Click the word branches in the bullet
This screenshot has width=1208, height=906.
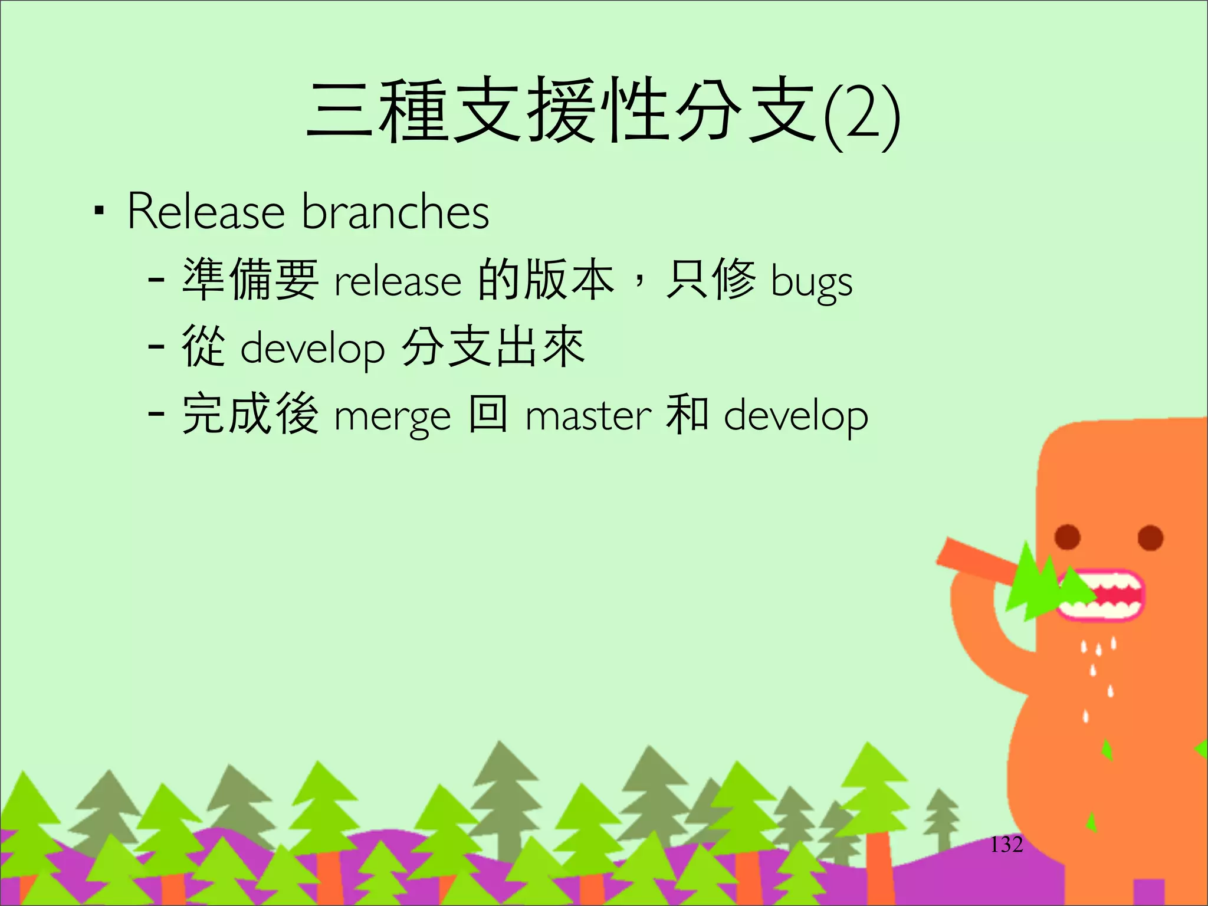pos(395,212)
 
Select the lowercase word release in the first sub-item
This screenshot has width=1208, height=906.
pos(398,281)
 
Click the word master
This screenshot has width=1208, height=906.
pos(588,416)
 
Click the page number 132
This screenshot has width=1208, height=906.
pos(1006,845)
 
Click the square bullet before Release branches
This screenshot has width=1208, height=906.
pos(99,211)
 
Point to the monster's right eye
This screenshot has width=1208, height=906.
pos(1150,537)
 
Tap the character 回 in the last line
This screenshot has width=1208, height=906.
pos(488,414)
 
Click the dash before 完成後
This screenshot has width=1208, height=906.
pos(156,414)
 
